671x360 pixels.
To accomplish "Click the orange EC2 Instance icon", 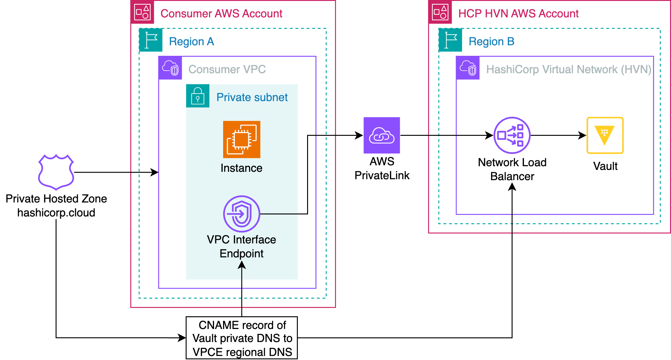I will [x=242, y=139].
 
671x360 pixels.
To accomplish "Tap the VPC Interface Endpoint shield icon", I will [x=242, y=214].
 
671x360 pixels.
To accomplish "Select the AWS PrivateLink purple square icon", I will [x=382, y=135].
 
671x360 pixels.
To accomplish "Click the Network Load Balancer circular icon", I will [x=512, y=135].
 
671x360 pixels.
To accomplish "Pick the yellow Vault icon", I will [x=605, y=135].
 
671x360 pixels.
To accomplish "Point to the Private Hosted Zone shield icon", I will [x=56, y=172].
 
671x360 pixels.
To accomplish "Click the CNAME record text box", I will [x=242, y=338].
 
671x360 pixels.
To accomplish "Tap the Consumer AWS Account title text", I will [x=221, y=14].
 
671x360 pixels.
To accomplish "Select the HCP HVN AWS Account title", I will [x=518, y=14].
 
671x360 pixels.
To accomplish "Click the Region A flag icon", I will [x=151, y=40].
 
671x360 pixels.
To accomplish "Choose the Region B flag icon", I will [x=450, y=40].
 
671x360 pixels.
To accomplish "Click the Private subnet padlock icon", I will [x=198, y=96].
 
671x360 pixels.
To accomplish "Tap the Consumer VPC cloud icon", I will [x=170, y=68].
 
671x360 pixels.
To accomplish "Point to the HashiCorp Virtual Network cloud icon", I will [x=468, y=68].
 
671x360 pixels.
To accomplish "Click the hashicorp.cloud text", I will [x=56, y=213].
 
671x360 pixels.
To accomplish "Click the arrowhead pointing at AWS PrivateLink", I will [x=359, y=135].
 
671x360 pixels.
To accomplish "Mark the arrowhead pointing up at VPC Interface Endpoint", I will [x=242, y=265].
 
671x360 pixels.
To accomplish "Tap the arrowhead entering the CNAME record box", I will [x=182, y=338].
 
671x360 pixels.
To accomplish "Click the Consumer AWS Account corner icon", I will [x=142, y=12].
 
